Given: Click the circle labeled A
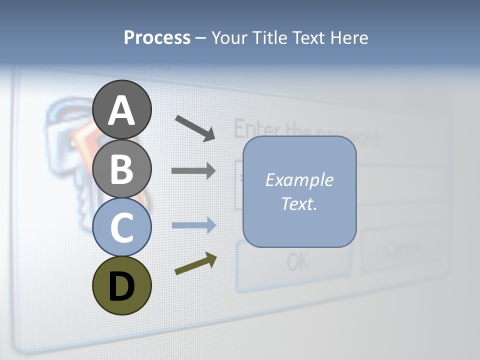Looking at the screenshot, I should (x=121, y=109).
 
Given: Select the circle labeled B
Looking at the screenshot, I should (x=121, y=168).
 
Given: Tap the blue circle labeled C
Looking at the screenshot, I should (x=121, y=227).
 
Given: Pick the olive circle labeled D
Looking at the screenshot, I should (x=121, y=285).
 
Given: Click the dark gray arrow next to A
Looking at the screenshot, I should (x=194, y=128).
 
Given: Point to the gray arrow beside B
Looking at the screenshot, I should (x=193, y=171).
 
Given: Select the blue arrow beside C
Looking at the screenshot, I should (x=193, y=225).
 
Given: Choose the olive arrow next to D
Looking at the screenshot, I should (x=195, y=264).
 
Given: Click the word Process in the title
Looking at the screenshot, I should (x=157, y=38).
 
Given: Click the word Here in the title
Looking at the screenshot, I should (x=348, y=38).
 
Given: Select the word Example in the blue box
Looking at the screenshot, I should (x=299, y=180).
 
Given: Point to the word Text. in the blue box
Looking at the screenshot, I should (x=299, y=203).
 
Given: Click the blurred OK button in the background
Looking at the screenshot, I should (x=298, y=260).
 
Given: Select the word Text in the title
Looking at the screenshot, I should (x=307, y=38).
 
